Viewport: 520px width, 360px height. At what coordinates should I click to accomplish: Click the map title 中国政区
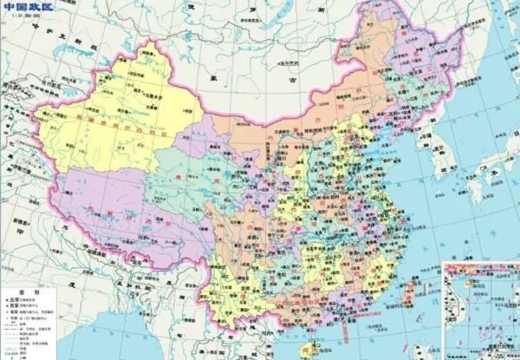coord(25,7)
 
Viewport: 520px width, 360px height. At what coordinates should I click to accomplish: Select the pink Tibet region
coord(130,217)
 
